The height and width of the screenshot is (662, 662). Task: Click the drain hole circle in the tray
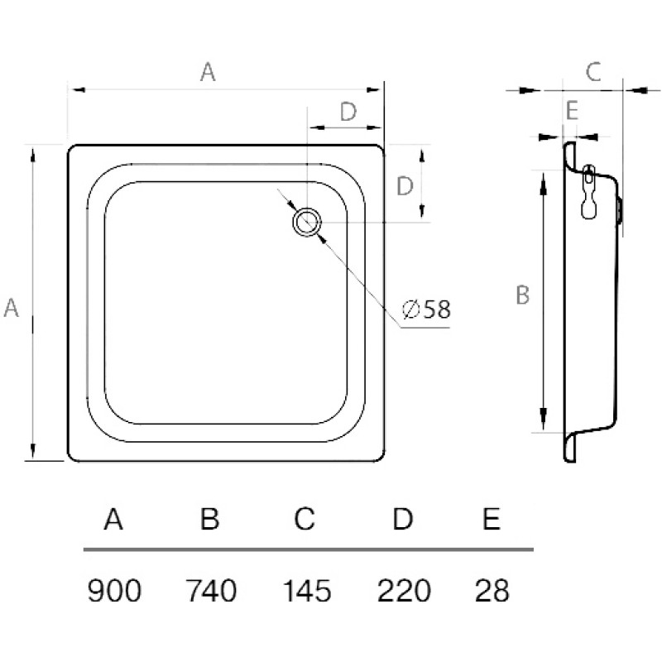click(x=295, y=222)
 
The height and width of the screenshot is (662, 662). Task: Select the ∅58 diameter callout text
click(x=427, y=309)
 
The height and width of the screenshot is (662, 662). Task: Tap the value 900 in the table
click(x=114, y=590)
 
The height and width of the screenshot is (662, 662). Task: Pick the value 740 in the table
click(x=211, y=590)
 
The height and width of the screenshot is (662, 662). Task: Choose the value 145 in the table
click(x=307, y=590)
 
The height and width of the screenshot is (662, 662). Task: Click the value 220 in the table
click(x=404, y=590)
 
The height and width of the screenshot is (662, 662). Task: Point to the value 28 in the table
click(x=492, y=590)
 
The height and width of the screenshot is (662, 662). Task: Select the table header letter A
click(x=113, y=519)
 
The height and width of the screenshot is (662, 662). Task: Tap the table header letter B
click(x=210, y=519)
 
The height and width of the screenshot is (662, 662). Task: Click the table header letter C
click(x=305, y=519)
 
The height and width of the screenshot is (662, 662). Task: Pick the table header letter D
click(x=402, y=519)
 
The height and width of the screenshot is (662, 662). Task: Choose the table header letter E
click(x=492, y=519)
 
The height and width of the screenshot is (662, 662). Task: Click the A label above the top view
click(x=208, y=72)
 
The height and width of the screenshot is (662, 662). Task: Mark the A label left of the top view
click(x=11, y=307)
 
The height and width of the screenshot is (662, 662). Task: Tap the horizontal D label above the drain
click(x=348, y=112)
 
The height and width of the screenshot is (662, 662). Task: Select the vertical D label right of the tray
click(x=405, y=185)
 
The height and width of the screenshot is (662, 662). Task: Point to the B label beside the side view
click(x=523, y=295)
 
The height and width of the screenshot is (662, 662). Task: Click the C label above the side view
click(x=593, y=72)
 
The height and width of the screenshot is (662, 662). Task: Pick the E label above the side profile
click(x=572, y=111)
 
